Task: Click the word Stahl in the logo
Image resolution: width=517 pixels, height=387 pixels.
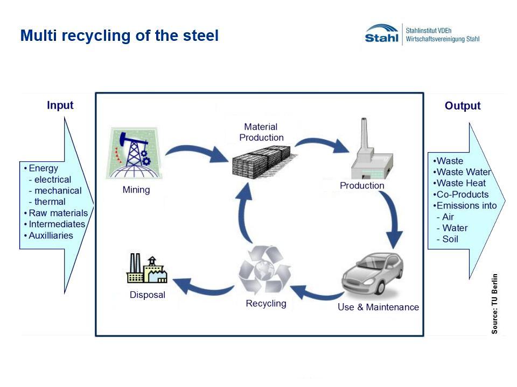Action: point(381,38)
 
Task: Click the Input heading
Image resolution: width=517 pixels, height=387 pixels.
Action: point(60,105)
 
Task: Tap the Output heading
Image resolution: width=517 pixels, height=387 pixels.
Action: point(462,106)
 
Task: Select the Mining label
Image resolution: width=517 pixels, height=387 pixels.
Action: point(136,190)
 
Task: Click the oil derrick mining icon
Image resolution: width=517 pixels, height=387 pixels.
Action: point(134,153)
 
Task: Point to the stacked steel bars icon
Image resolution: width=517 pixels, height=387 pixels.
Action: point(262,162)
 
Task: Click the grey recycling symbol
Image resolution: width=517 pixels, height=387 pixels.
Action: point(265,269)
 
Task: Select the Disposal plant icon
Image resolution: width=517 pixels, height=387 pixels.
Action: point(147,269)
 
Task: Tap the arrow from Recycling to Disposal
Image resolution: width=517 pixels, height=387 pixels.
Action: point(203,288)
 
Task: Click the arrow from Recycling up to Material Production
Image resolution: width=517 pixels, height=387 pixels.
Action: point(243,214)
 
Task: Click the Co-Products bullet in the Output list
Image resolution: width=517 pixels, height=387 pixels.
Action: point(461,195)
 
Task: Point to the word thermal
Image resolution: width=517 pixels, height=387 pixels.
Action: point(50,202)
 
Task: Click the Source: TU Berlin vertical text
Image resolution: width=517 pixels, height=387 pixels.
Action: point(494,304)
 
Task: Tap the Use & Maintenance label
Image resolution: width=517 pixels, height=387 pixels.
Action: point(378,307)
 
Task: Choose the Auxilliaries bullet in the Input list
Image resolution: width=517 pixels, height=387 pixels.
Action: point(48,235)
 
